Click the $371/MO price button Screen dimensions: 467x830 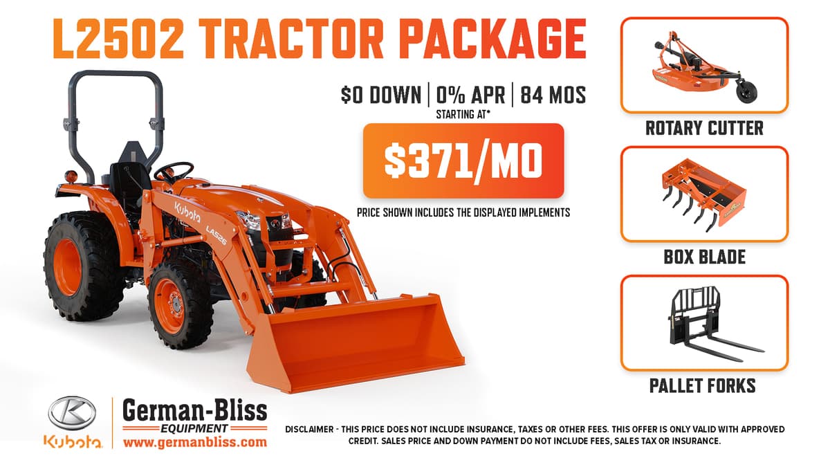[463, 161]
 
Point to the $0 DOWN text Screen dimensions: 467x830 [380, 95]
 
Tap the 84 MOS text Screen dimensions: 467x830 [553, 95]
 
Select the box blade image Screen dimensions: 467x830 [703, 194]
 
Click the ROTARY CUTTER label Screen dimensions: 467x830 [704, 128]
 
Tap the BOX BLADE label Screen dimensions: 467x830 [704, 257]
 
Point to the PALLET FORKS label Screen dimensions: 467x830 [703, 385]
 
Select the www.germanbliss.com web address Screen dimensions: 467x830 [195, 441]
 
